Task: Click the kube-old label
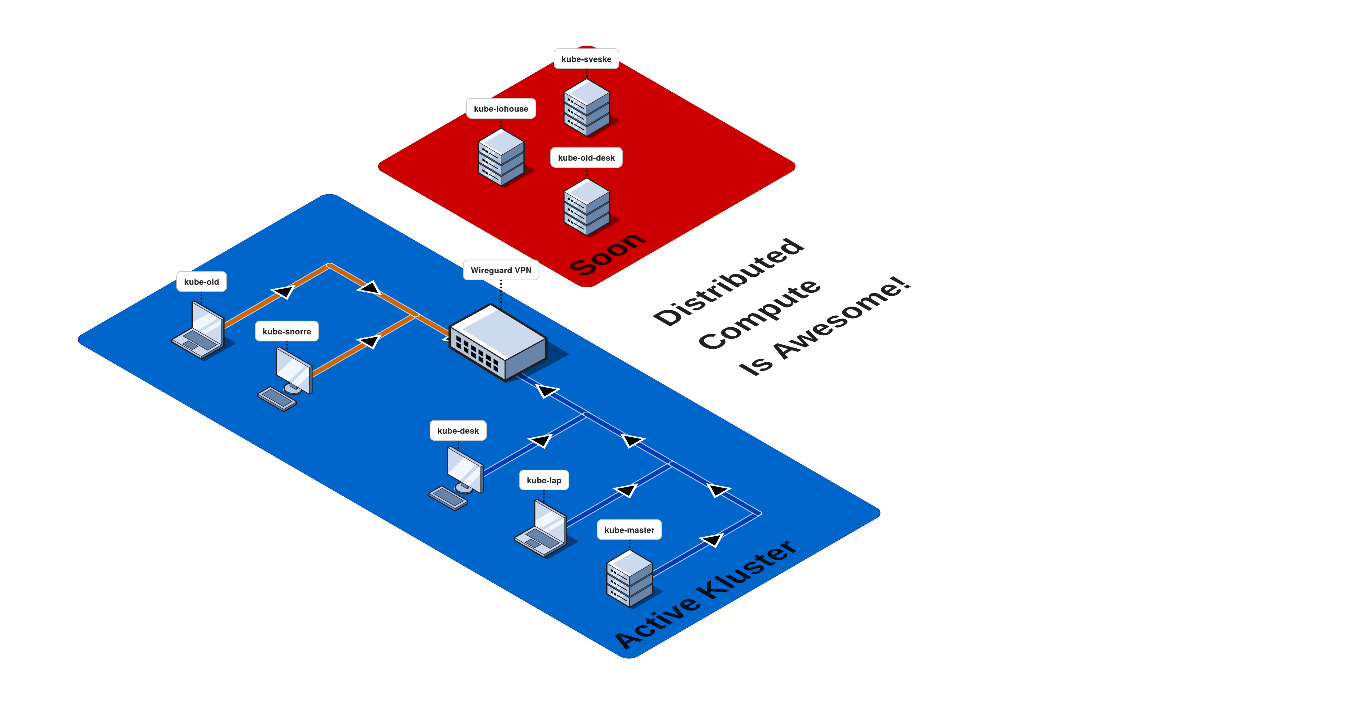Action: click(201, 282)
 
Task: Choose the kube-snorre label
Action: click(287, 331)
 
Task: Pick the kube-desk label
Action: click(458, 430)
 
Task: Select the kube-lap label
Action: click(544, 480)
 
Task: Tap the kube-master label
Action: click(629, 530)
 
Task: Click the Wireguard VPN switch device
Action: click(498, 342)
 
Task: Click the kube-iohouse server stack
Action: click(501, 157)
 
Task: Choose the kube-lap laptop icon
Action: click(542, 529)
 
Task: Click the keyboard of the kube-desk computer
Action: click(448, 498)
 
